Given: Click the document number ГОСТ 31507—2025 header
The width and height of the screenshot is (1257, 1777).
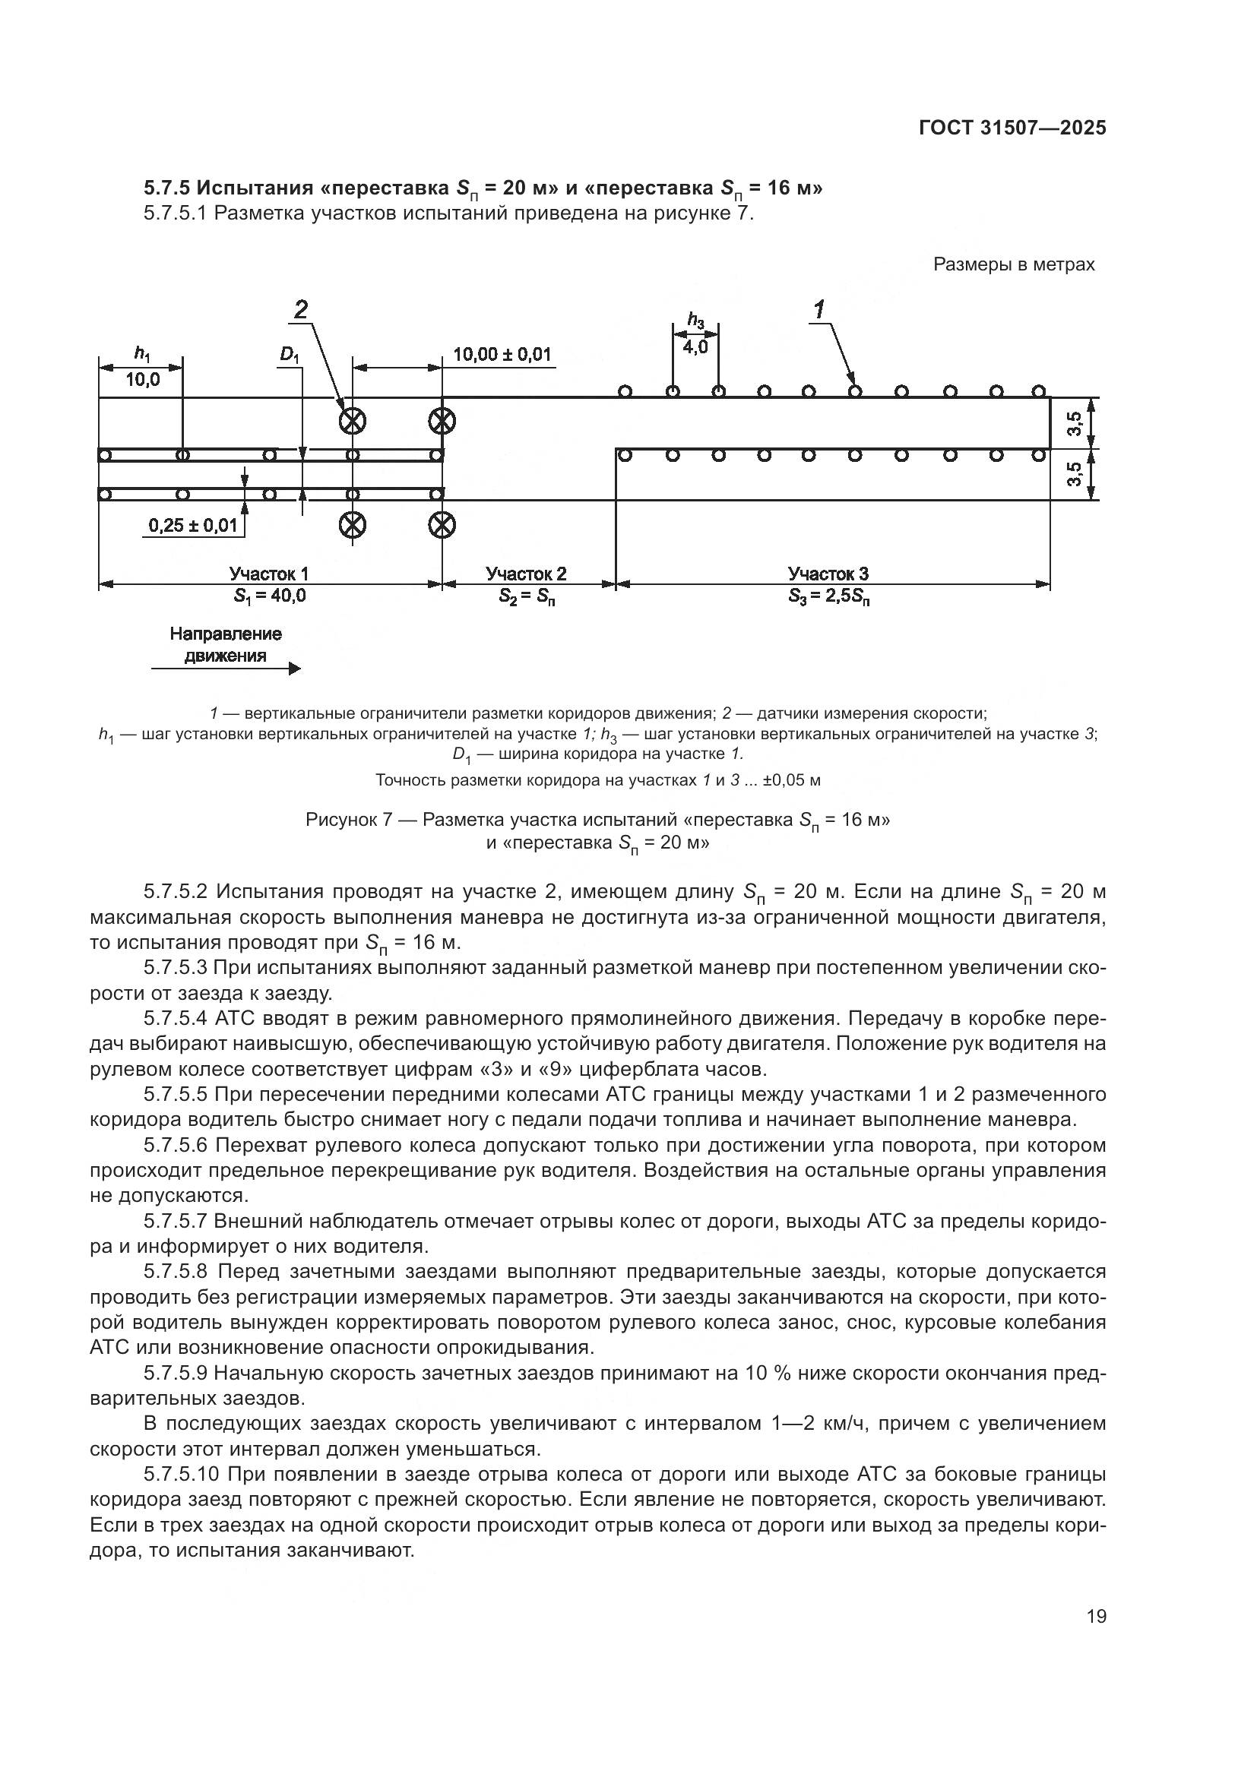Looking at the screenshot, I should (1012, 128).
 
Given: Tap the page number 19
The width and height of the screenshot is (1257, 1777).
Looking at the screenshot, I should (1096, 1616).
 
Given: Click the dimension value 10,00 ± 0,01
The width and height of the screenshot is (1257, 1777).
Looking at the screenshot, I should (502, 355).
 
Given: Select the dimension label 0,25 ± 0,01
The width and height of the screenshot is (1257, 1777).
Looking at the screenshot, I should (193, 526).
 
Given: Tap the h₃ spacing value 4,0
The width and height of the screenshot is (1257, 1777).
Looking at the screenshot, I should (695, 346).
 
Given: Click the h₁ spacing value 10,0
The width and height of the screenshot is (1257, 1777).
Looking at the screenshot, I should (142, 379).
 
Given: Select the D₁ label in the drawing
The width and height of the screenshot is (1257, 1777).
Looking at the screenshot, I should (290, 356).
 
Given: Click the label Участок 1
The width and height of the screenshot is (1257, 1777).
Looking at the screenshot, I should (268, 574).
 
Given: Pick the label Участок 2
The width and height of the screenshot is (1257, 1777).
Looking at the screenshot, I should (527, 574).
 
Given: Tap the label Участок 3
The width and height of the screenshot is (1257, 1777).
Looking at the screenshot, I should (828, 574).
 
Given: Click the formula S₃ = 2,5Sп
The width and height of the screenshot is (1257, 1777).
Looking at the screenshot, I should (828, 596).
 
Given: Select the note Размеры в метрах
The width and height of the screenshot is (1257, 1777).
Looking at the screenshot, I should (1013, 264).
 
